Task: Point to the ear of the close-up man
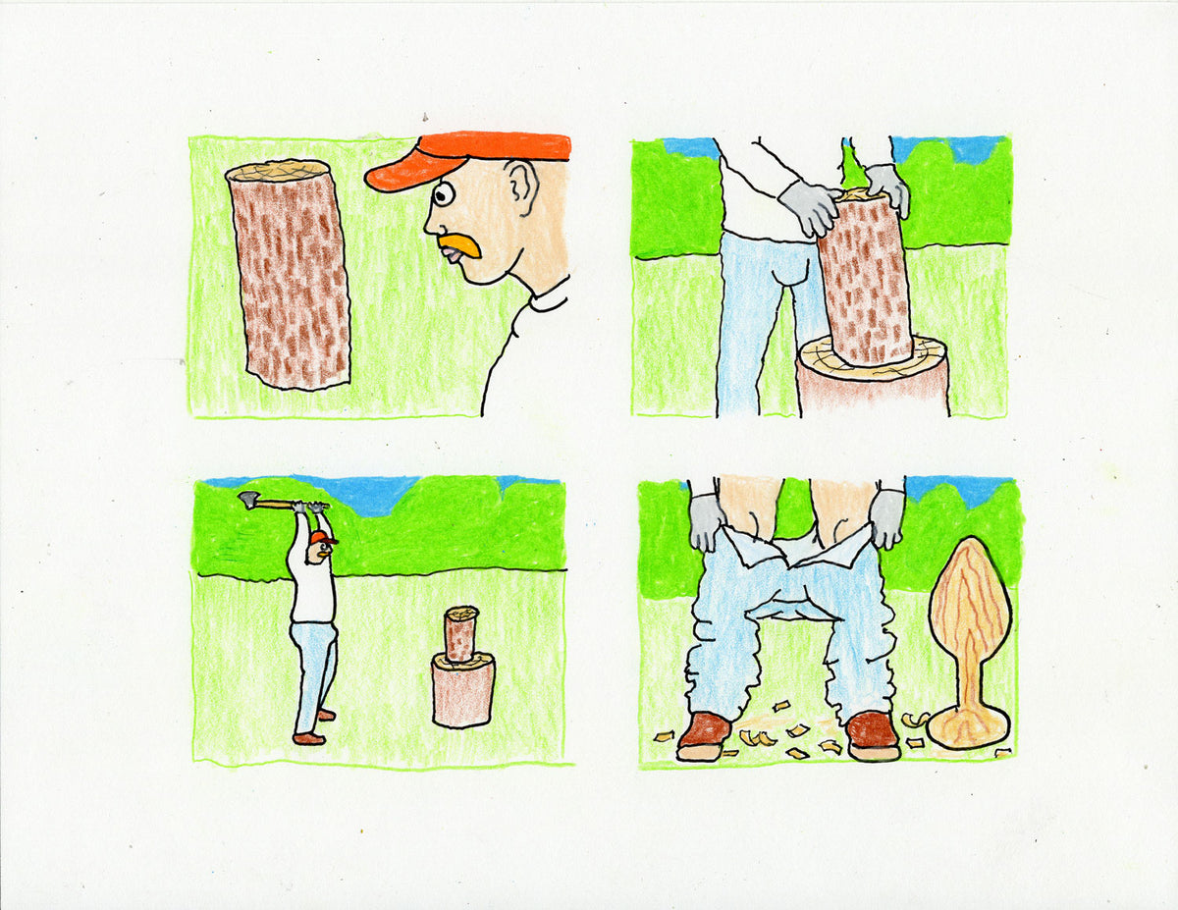519,187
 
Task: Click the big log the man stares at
289,274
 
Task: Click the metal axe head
248,500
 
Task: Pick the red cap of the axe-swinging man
321,538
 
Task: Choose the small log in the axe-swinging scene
460,634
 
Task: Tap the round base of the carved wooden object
968,727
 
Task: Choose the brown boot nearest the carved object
872,734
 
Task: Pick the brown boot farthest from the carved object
703,734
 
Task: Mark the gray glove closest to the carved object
887,516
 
